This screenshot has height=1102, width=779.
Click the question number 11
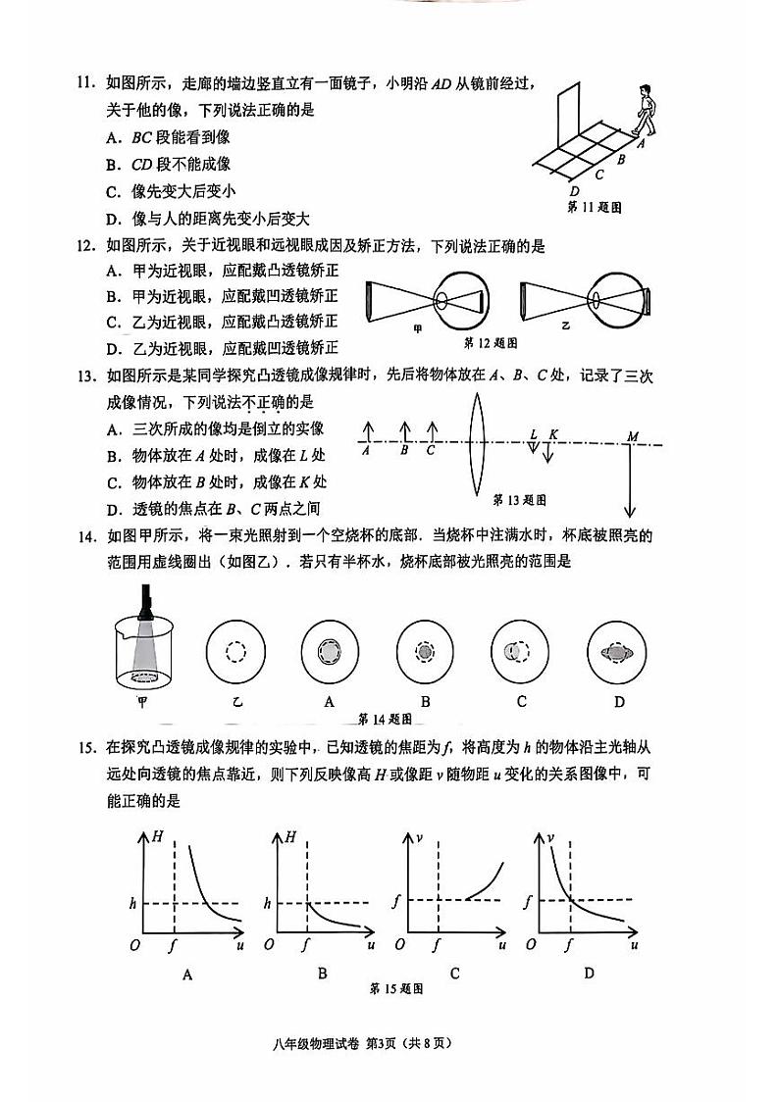[87, 87]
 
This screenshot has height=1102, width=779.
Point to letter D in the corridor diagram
[574, 190]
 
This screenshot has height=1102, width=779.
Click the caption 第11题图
[596, 207]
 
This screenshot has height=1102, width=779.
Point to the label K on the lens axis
[553, 433]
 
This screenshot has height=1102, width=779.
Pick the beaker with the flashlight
[145, 642]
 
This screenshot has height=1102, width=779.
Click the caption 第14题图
[384, 717]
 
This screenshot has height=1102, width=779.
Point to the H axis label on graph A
[159, 836]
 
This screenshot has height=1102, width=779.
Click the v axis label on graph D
[552, 837]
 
